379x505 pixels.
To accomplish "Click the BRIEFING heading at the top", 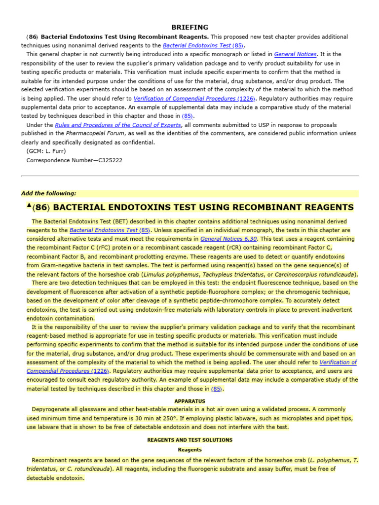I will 189,28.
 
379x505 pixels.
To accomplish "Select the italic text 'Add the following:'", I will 49,193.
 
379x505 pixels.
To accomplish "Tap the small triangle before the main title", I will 29,205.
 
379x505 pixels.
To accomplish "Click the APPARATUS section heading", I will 189,401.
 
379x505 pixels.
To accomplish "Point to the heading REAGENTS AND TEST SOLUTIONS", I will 189,440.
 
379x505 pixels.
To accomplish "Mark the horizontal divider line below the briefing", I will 189,176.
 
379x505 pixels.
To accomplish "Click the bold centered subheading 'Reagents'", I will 189,450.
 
